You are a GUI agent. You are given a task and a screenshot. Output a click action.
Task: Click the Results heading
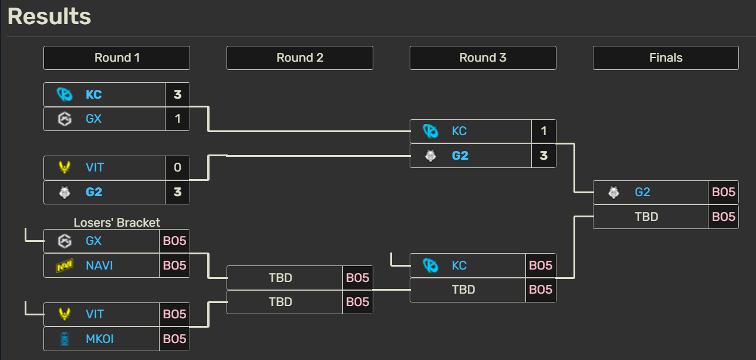tap(49, 16)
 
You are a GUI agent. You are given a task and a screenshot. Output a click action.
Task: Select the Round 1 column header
tap(117, 58)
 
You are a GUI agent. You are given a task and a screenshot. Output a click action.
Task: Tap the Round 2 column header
tap(300, 58)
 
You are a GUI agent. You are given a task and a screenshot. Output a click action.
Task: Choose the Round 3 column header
tap(483, 58)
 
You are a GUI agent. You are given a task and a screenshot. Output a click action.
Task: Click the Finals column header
tap(666, 58)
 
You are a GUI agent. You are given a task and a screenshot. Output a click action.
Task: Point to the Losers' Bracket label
tap(117, 223)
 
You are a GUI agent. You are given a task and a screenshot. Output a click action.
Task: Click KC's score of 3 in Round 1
tap(177, 95)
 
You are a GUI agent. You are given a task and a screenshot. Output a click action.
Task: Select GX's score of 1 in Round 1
tap(177, 119)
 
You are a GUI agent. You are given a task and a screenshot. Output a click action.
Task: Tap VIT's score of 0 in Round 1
tap(177, 167)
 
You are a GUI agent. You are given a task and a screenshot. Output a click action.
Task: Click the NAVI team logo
tap(65, 266)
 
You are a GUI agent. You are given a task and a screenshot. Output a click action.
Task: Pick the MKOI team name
tap(100, 339)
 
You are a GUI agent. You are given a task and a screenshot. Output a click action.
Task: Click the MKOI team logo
tap(65, 339)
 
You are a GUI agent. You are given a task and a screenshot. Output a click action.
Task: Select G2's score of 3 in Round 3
tap(544, 156)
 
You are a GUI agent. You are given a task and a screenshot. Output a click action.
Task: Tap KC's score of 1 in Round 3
tap(544, 131)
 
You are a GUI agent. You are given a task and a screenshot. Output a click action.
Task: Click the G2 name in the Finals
tap(642, 192)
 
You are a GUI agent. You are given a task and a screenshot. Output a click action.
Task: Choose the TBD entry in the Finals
tap(646, 217)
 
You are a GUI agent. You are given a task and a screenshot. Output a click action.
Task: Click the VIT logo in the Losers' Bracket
tap(65, 314)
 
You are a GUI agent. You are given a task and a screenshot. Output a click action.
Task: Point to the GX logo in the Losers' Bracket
tap(65, 241)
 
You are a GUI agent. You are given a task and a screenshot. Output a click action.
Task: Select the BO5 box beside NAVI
tap(174, 265)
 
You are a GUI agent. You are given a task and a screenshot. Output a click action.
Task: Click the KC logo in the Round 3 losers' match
tap(431, 266)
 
